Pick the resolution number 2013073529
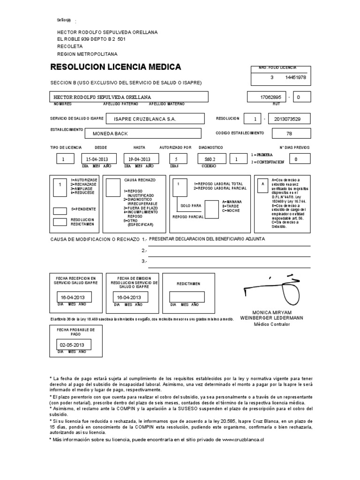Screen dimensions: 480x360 point(291,119)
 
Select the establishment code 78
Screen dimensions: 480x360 point(289,134)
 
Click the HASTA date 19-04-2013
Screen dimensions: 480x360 point(139,159)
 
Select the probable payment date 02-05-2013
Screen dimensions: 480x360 point(74,345)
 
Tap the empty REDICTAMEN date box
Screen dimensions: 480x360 point(187,297)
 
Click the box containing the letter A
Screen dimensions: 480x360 point(262,185)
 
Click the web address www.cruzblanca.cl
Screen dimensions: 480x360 point(243,440)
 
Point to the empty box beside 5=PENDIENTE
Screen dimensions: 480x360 point(60,211)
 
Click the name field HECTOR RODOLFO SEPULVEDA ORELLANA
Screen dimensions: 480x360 point(129,97)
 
